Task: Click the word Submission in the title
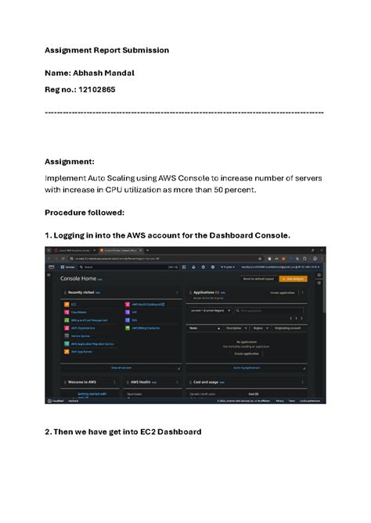coord(143,50)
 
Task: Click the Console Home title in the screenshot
coord(78,278)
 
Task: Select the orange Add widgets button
coord(293,278)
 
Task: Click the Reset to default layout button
coord(258,278)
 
